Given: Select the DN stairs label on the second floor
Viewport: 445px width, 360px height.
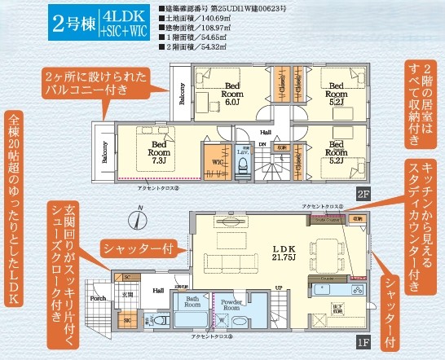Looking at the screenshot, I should coord(263,146).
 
